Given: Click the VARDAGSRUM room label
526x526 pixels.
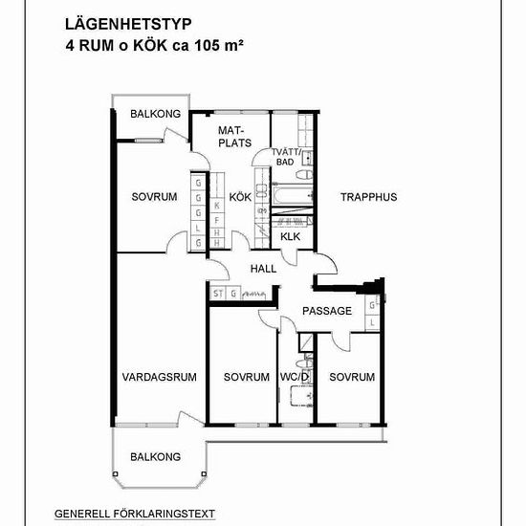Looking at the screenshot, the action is coord(160,377).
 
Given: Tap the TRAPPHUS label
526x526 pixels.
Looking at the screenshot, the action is coord(368,197).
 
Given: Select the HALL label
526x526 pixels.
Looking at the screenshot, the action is coord(263,269).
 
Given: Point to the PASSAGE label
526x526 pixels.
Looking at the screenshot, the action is coord(327,311).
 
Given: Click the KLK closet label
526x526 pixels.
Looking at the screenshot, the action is coord(290,236).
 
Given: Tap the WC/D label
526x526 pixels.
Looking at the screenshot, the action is coord(295,377).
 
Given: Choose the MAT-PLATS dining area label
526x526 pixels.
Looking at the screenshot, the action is coord(234,137).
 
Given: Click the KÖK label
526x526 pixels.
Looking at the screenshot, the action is coord(240,197).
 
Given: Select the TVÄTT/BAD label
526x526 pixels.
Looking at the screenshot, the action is coord(286,157).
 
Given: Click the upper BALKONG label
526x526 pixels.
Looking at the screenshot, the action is coord(155,114).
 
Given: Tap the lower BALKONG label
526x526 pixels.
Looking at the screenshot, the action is coord(155,456).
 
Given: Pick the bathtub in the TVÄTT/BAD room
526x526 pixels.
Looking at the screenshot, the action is coord(293,196).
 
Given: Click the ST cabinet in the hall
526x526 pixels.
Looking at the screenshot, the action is coord(218,294).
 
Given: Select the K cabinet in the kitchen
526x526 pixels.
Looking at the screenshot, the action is coord(217,206).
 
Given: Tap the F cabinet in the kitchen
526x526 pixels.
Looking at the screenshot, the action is coord(217,220).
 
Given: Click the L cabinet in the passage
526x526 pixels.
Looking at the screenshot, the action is coord(372,323).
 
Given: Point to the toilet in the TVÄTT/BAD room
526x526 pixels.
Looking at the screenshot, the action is coord(304,175).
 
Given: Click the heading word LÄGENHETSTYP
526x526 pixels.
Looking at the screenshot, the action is coord(128,25).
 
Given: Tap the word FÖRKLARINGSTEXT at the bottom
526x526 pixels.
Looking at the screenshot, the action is coord(164,514).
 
